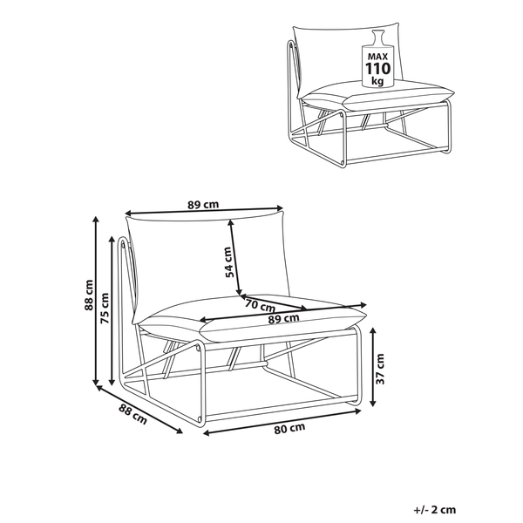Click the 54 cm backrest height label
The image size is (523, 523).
228,262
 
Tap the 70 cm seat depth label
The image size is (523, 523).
260,305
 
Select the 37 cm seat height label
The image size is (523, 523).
380,369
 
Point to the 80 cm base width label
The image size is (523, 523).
289,428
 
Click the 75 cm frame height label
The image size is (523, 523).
105,309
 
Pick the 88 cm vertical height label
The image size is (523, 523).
89,295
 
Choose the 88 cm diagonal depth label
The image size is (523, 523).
132,414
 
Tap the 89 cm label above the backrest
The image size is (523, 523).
203,205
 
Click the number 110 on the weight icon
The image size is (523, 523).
378,69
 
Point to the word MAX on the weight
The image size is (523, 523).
378,57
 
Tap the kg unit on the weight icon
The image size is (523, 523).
378,81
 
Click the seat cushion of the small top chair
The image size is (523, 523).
377,96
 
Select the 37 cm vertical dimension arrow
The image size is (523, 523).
373,367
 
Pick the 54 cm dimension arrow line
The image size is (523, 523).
234,257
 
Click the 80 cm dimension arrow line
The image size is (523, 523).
282,422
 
